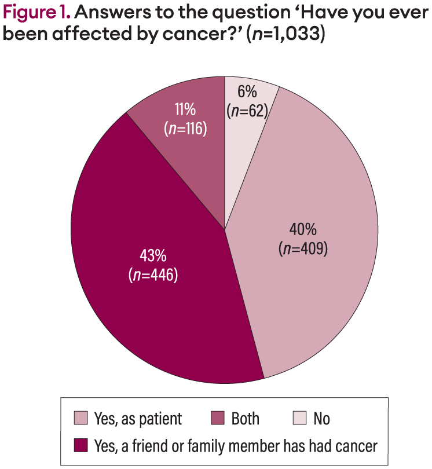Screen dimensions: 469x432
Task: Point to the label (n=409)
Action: pos(303,248)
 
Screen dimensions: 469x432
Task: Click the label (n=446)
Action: pos(152,274)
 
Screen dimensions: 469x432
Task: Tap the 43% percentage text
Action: pos(152,255)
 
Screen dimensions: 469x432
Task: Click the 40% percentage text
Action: pos(303,229)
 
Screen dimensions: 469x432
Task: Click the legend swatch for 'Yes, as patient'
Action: pos(80,419)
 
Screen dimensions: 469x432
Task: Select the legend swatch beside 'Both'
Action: pos(218,419)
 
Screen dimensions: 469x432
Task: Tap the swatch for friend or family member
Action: pos(80,446)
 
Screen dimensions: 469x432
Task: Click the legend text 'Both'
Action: pos(246,419)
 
